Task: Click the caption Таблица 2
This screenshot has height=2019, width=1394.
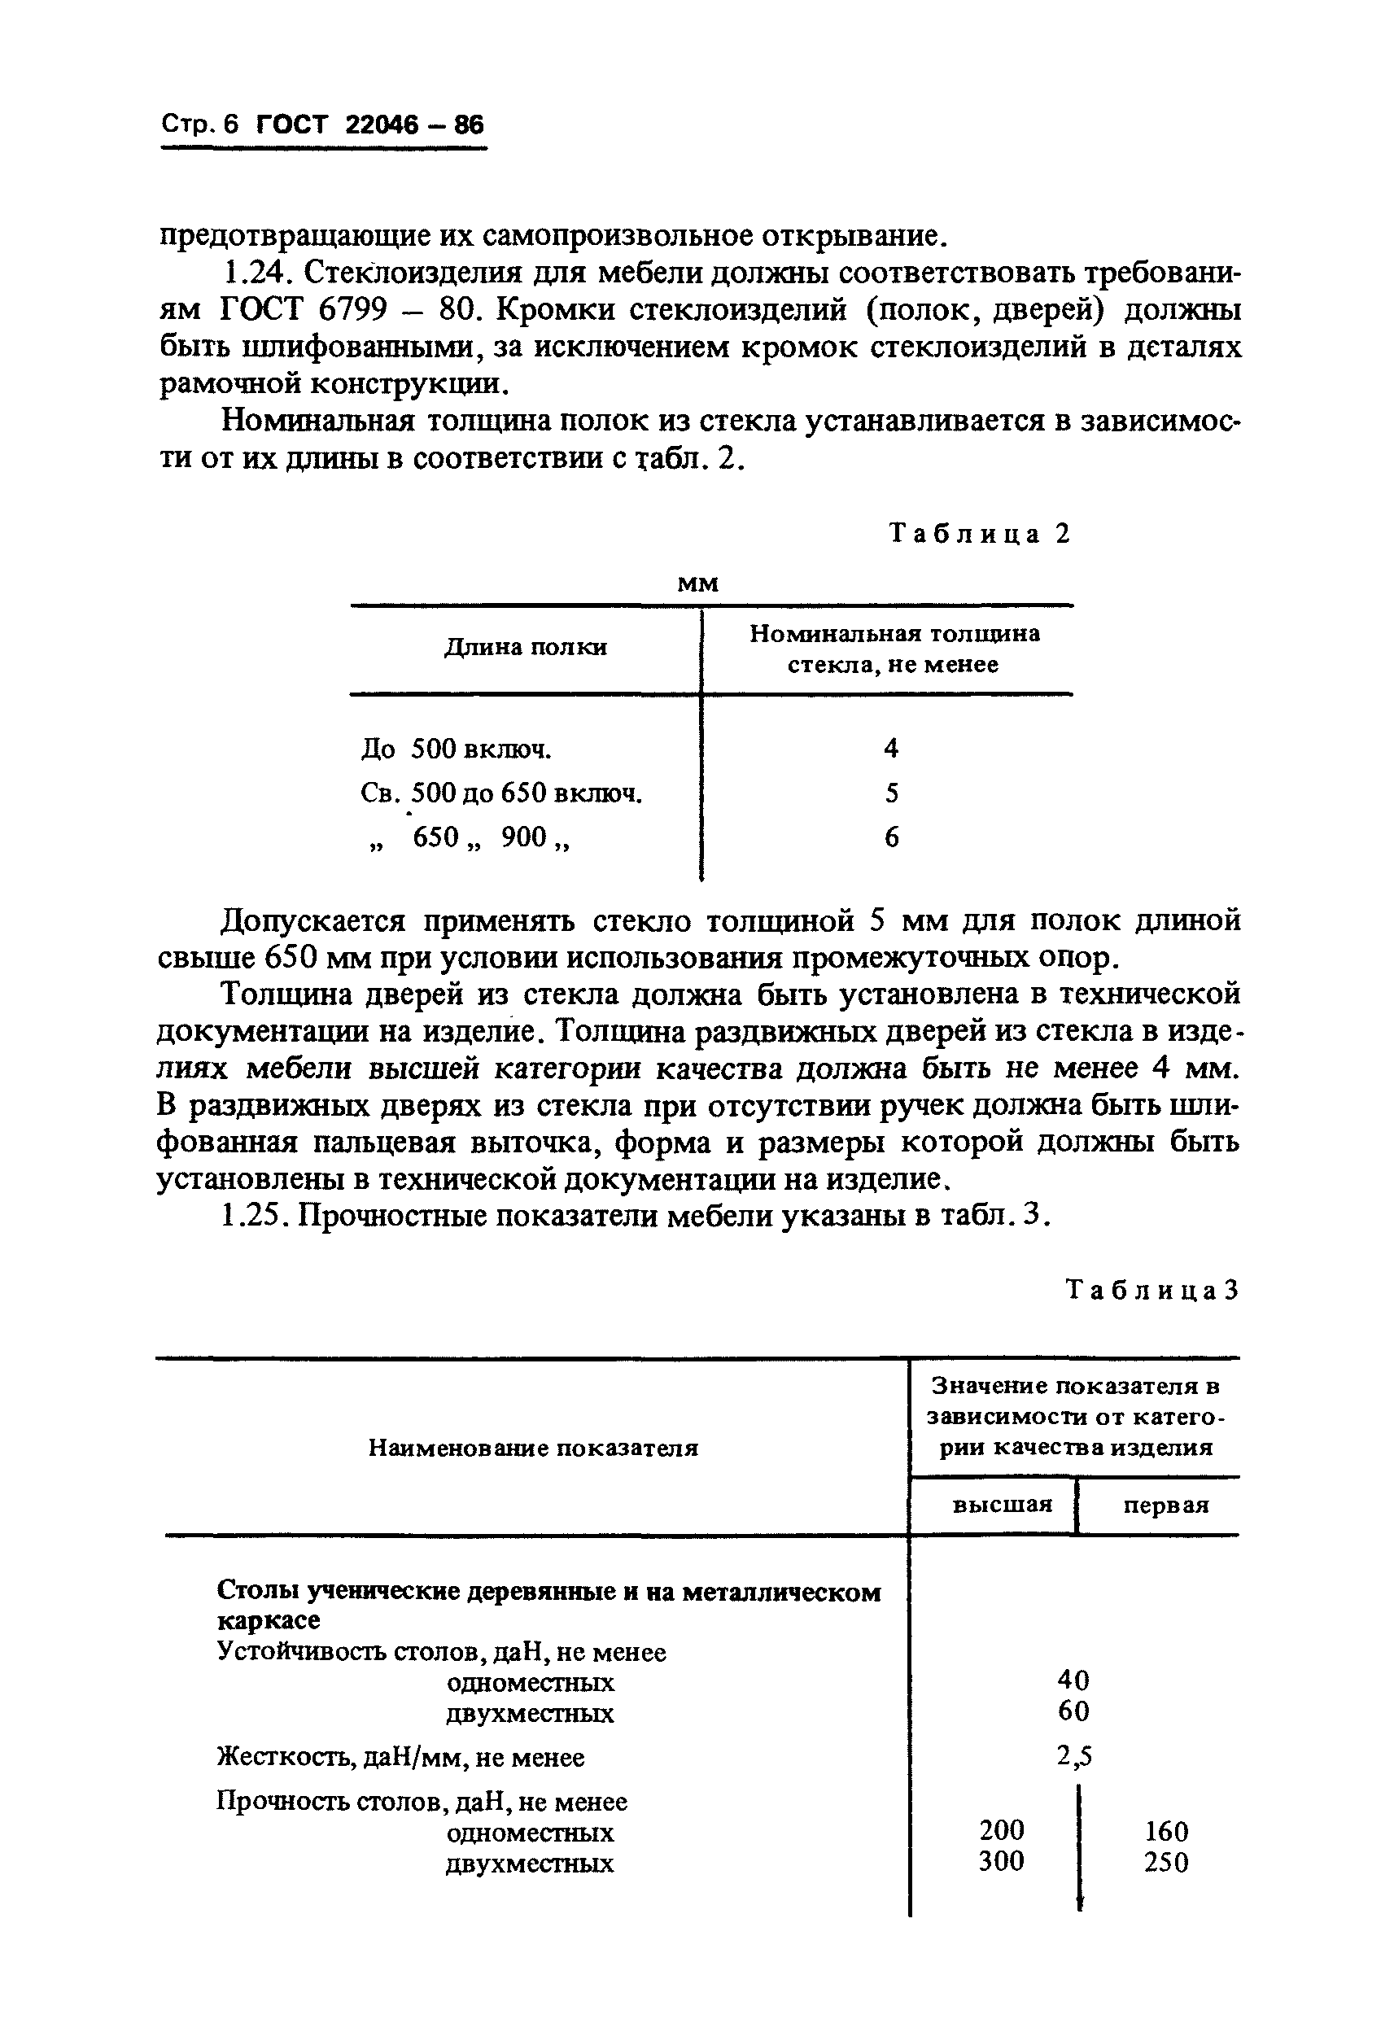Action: click(x=979, y=534)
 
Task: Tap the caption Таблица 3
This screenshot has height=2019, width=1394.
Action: click(x=1152, y=1290)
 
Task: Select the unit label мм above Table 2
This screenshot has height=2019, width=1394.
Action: click(x=698, y=583)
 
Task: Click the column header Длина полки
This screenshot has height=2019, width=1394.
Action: click(x=526, y=647)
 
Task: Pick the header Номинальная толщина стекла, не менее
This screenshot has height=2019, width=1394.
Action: click(x=894, y=649)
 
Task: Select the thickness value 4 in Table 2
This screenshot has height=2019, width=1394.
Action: click(x=891, y=748)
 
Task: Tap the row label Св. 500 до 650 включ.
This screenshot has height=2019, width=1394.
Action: click(x=501, y=793)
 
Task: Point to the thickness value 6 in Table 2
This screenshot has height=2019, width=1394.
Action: click(x=891, y=837)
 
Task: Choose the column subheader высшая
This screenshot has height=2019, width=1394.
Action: click(x=1001, y=1505)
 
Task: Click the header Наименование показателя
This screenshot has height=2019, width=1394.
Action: click(x=533, y=1449)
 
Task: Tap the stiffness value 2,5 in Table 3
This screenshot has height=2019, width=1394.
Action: click(x=1073, y=1756)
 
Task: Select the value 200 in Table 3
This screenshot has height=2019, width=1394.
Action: click(x=1001, y=1829)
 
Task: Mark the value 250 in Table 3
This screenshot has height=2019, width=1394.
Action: click(x=1166, y=1863)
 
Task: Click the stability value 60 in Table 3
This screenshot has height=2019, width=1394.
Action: click(x=1073, y=1711)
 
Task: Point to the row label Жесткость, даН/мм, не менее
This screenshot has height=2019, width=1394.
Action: click(x=400, y=1757)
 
